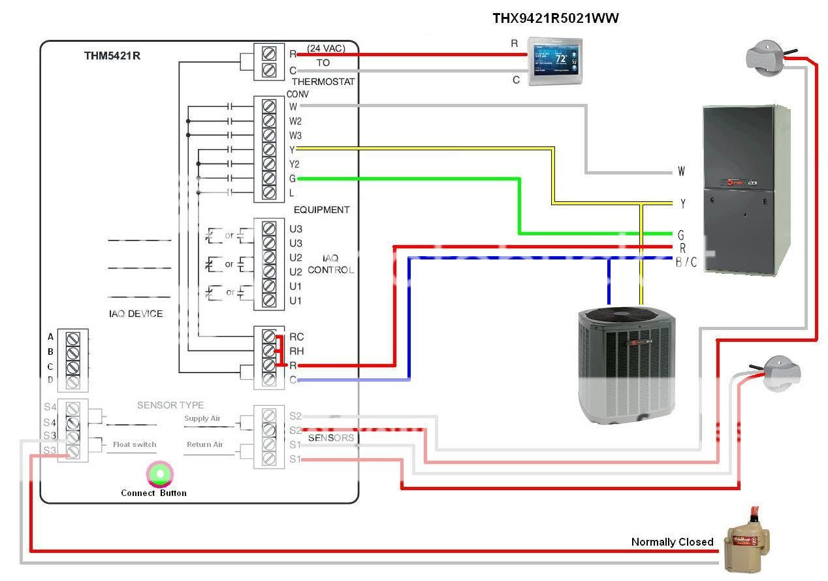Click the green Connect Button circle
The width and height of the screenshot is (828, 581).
160,474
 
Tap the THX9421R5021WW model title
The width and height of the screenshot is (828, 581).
555,18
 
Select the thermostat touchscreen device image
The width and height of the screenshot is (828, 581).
554,63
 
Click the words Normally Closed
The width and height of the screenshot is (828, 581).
672,542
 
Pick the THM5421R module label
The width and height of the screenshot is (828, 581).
112,56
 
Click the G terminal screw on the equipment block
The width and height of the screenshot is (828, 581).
268,178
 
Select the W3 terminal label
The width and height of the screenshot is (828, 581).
295,135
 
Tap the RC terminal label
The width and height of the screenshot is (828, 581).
296,337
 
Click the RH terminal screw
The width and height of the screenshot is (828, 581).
268,351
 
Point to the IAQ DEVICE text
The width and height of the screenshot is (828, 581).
136,314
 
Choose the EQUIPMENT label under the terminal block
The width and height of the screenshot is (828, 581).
321,210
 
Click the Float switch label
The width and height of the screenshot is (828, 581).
135,444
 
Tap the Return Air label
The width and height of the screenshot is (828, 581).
204,444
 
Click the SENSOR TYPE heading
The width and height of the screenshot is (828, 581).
170,405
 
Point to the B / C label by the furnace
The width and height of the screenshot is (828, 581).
686,262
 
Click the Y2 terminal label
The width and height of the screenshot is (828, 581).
295,164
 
